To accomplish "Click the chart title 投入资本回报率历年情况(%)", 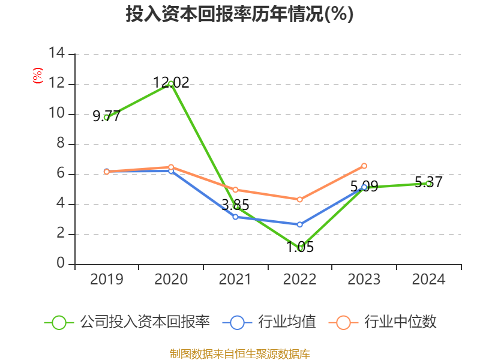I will click(239, 14).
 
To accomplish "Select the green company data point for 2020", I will click(171, 83).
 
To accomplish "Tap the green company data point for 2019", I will click(106, 118).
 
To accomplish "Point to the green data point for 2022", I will click(300, 248).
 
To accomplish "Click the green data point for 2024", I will click(428, 183).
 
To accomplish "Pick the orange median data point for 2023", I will click(364, 166).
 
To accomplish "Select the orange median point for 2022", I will click(300, 199).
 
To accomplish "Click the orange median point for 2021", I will click(236, 190).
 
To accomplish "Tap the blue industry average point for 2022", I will click(300, 224).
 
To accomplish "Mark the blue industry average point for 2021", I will click(236, 217).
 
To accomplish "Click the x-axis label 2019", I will click(106, 280).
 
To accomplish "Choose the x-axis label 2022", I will click(300, 280).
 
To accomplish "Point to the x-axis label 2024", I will click(428, 280).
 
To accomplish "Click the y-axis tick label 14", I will click(57, 54).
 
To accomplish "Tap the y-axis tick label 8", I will click(61, 144).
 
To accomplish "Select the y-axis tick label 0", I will click(61, 264).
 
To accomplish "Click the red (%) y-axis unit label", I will click(38, 76).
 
